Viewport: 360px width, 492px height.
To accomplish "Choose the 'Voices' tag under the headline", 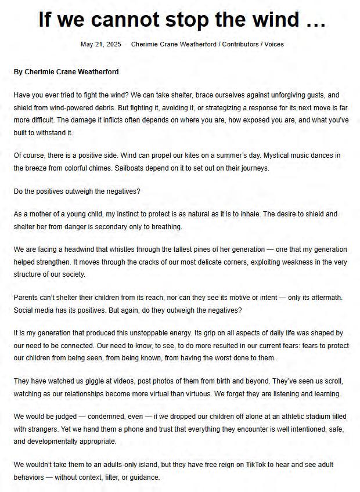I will (274, 44).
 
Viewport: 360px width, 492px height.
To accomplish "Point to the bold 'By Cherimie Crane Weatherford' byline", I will (66, 72).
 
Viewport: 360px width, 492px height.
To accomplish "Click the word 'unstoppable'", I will (146, 334).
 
